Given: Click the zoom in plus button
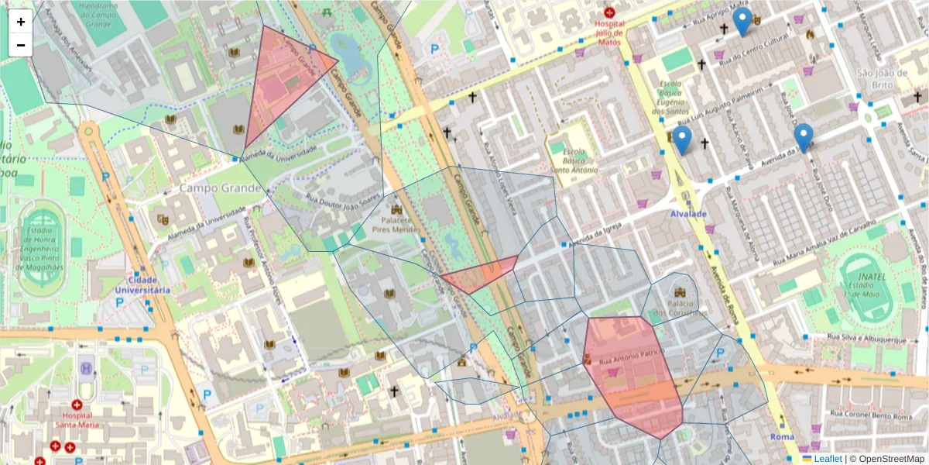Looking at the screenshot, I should (21, 22).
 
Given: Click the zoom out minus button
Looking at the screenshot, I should (21, 45).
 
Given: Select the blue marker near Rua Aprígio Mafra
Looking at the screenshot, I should (742, 21).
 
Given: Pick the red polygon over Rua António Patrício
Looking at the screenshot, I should (631, 372).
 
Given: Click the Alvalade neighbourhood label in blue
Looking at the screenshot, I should (689, 213).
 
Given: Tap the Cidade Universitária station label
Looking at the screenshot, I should (142, 284).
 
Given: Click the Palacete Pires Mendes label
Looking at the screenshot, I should (396, 226).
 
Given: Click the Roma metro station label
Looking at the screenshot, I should (782, 438).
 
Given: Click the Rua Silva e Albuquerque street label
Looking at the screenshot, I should (867, 339).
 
